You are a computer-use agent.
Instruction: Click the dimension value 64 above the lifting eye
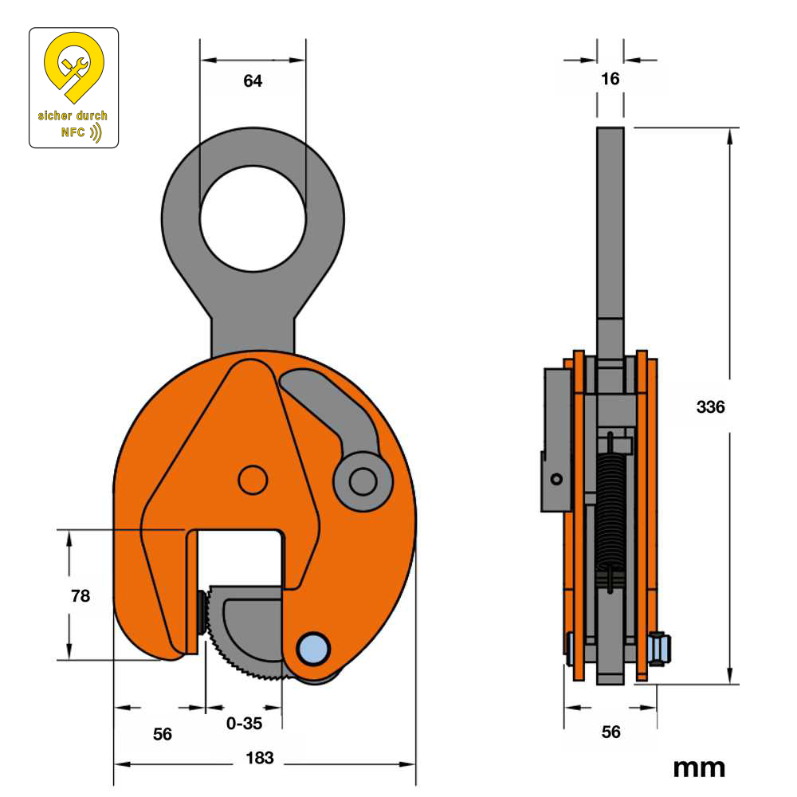click(253, 80)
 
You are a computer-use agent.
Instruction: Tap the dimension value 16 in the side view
click(610, 79)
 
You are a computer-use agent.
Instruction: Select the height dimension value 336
click(711, 406)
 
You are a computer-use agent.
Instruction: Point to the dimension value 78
click(80, 595)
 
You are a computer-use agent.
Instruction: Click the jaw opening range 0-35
click(244, 724)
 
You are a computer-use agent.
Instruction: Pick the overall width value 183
click(260, 758)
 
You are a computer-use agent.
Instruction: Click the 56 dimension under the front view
click(163, 734)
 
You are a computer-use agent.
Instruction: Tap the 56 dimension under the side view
click(611, 732)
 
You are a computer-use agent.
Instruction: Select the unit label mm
click(700, 768)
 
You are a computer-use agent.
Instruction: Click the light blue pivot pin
click(313, 649)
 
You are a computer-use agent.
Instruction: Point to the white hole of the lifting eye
click(253, 218)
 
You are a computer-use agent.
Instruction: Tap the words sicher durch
click(73, 116)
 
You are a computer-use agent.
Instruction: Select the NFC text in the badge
click(73, 132)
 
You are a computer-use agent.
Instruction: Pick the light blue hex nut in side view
click(659, 649)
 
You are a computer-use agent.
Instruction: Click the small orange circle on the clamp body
click(253, 480)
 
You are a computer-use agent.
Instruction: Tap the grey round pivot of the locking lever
click(363, 481)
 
